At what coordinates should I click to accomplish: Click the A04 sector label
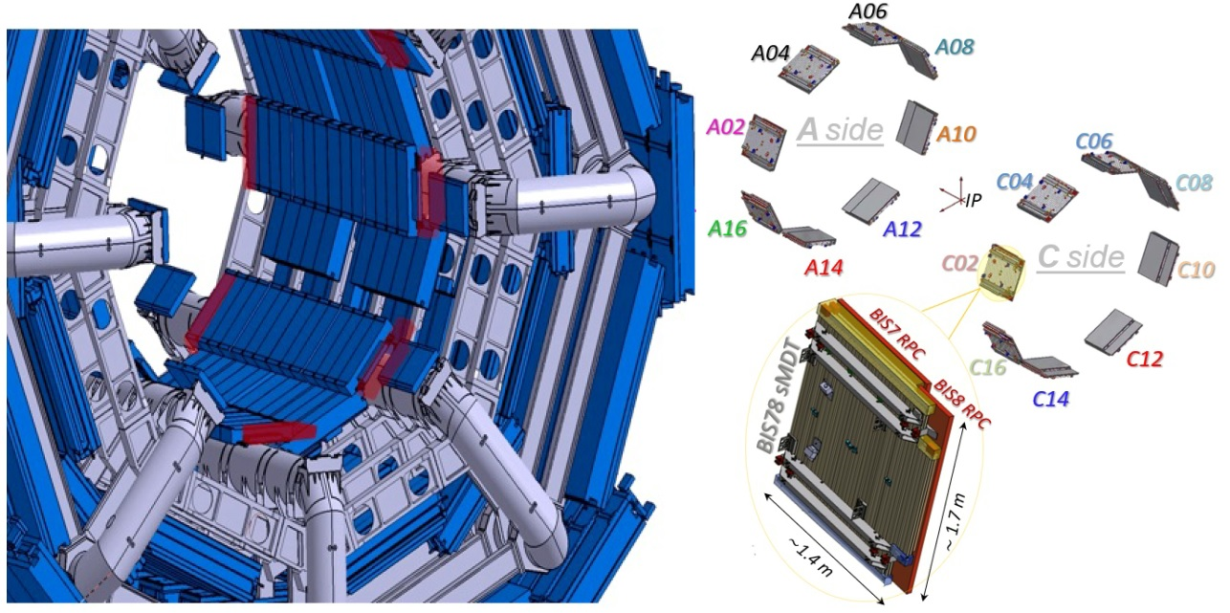770,54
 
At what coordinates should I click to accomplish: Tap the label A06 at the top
868,11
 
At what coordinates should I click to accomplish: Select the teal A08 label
955,47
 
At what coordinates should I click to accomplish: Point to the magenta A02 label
725,127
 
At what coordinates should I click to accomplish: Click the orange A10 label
956,134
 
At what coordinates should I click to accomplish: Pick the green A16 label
728,229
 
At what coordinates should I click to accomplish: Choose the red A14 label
824,267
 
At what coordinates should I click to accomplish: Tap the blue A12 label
902,230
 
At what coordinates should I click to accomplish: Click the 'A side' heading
840,131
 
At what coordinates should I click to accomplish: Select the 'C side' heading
1081,257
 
